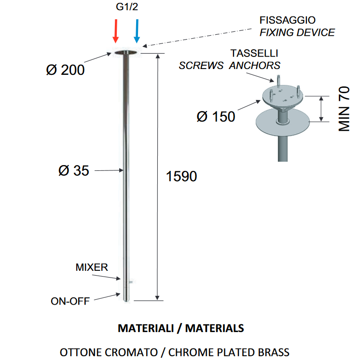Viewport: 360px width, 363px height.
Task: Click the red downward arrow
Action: pyautogui.click(x=115, y=31)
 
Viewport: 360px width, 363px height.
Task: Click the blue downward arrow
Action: pyautogui.click(x=137, y=31)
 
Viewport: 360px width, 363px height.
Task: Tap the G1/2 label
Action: pyautogui.click(x=127, y=7)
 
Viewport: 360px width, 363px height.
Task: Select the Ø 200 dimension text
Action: pyautogui.click(x=65, y=70)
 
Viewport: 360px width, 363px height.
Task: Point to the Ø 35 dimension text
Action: pyautogui.click(x=74, y=170)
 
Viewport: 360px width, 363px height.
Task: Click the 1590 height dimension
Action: pyautogui.click(x=181, y=176)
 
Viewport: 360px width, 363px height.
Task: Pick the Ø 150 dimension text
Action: pyautogui.click(x=216, y=116)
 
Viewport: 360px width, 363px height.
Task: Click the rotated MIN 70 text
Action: pyautogui.click(x=344, y=109)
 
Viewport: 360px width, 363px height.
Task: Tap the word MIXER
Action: pyautogui.click(x=92, y=267)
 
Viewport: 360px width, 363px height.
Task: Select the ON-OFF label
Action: pyautogui.click(x=70, y=301)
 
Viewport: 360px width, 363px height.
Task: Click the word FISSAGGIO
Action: pyautogui.click(x=287, y=20)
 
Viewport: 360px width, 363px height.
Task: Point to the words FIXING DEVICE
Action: pyautogui.click(x=297, y=32)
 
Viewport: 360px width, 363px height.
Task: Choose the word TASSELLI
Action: pyautogui.click(x=254, y=53)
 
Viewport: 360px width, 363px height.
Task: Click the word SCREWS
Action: pyautogui.click(x=201, y=66)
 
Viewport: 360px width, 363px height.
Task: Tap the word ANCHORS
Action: pyautogui.click(x=255, y=66)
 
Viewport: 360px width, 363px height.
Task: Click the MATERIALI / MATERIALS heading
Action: pyautogui.click(x=181, y=328)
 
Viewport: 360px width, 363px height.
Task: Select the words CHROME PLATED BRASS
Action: pyautogui.click(x=229, y=352)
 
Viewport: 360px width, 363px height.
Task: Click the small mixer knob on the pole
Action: pyautogui.click(x=130, y=282)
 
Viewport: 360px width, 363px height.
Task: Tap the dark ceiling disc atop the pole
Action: pyautogui.click(x=125, y=53)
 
